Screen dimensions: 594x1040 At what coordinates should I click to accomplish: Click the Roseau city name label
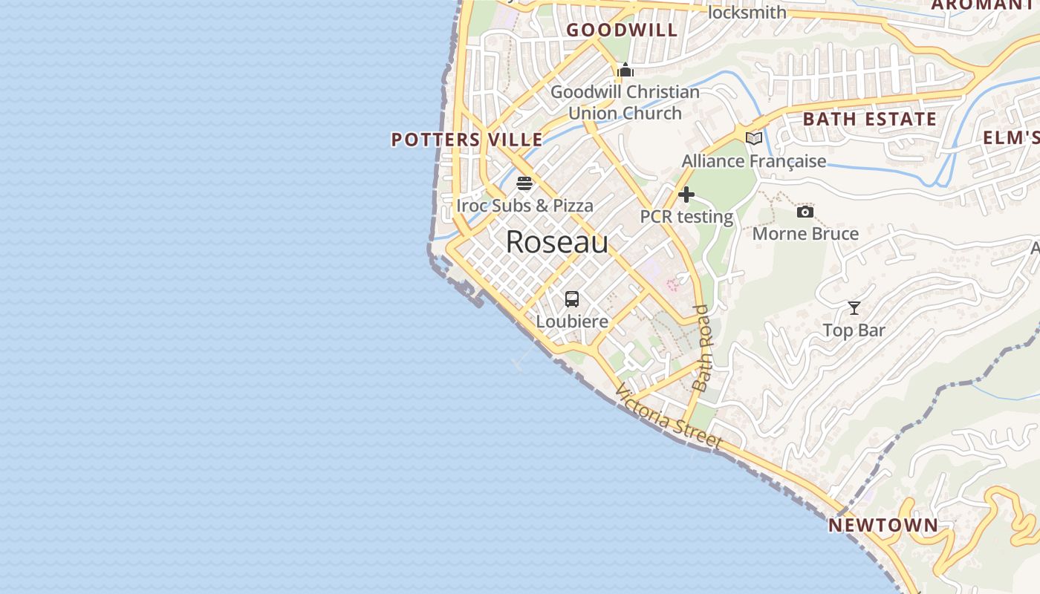[x=557, y=242]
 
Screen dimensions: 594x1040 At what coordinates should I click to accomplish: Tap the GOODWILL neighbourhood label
[x=623, y=30]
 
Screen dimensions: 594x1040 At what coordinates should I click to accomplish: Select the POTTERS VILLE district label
[x=467, y=140]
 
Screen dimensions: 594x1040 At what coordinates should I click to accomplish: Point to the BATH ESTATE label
[x=870, y=120]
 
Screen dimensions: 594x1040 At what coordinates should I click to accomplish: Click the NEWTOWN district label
[x=883, y=526]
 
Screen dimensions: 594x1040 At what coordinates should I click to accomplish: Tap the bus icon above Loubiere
[x=572, y=299]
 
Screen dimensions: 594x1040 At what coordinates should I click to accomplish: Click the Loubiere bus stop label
[x=572, y=322]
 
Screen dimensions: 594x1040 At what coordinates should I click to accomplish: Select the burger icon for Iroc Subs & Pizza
[x=524, y=183]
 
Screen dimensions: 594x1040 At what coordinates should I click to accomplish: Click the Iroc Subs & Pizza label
[x=524, y=206]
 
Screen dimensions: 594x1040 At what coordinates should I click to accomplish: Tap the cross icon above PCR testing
[x=686, y=195]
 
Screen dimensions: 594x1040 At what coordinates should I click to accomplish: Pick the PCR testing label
[x=686, y=218]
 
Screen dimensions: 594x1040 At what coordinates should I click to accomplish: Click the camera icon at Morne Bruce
[x=805, y=212]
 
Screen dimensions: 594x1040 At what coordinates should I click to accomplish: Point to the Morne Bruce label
[x=805, y=234]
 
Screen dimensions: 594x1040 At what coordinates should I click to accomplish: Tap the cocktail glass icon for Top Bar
[x=854, y=308]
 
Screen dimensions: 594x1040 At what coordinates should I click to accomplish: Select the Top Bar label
[x=854, y=330]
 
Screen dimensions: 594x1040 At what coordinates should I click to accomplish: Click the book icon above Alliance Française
[x=754, y=139]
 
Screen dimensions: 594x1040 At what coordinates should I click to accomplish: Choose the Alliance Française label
[x=754, y=161]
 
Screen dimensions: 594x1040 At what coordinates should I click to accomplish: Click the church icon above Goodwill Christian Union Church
[x=625, y=71]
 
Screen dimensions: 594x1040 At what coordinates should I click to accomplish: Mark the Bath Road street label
[x=701, y=347]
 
